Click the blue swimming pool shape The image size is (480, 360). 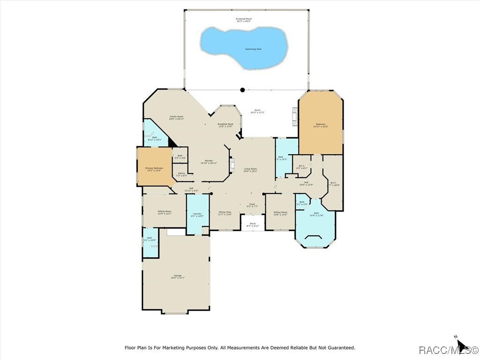click(244, 47)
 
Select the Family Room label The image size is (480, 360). click(176, 117)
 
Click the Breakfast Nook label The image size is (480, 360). click(225, 125)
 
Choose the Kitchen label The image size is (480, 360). click(209, 162)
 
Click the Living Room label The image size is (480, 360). click(250, 170)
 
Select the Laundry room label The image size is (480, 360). click(197, 215)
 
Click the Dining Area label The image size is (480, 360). click(225, 213)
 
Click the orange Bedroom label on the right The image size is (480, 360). click(321, 125)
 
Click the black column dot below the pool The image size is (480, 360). click(242, 90)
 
